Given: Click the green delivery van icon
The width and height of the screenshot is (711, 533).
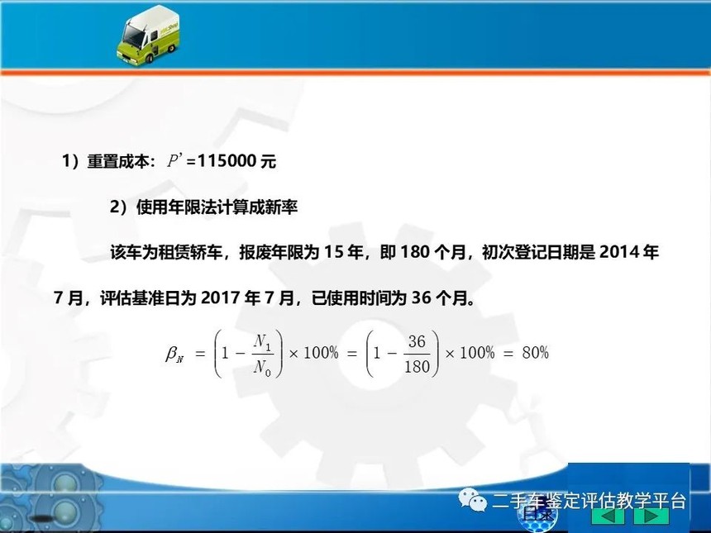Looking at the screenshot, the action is click(x=148, y=36).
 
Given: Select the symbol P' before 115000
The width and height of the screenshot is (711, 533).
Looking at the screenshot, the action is click(x=174, y=160).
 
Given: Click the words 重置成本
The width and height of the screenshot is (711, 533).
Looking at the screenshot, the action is click(x=118, y=161).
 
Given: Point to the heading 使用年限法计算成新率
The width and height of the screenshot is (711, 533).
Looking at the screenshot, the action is click(x=217, y=207).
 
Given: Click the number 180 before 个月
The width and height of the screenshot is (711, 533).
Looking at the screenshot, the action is click(x=415, y=252).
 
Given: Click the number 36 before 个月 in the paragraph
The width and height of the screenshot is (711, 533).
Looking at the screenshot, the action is click(x=422, y=298).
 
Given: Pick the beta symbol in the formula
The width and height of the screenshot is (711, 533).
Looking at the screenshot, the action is click(x=174, y=354).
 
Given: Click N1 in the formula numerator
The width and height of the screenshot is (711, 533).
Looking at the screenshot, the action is click(x=263, y=342).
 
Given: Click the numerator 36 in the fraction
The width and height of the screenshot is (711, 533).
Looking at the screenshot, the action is click(x=417, y=340).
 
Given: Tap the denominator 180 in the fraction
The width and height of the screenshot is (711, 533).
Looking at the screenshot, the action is click(x=417, y=367).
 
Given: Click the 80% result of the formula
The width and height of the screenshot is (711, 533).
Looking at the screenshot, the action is click(x=535, y=353).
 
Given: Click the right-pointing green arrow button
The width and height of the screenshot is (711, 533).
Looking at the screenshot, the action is click(x=651, y=516).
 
